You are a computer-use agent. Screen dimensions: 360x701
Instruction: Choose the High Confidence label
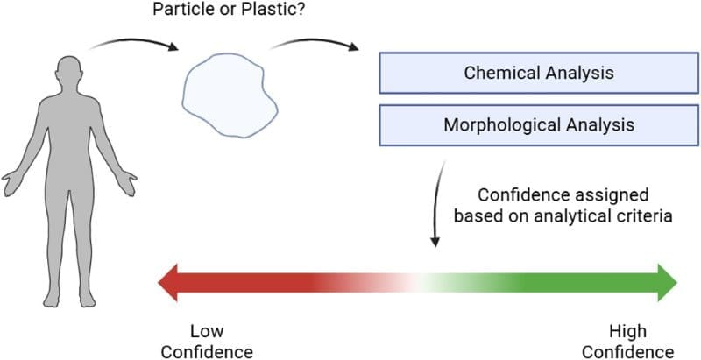click(x=628, y=342)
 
